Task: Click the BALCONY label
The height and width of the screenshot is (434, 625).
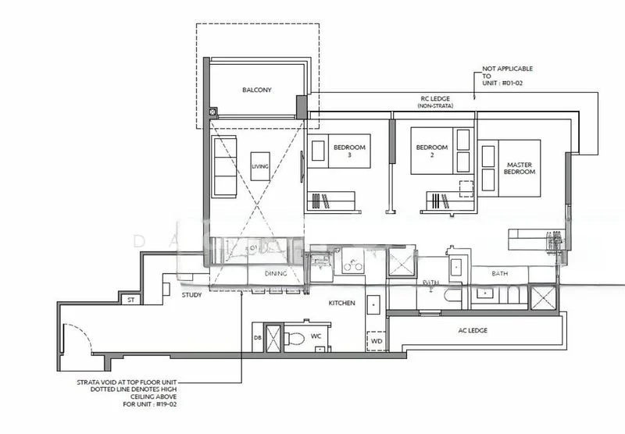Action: click(x=256, y=91)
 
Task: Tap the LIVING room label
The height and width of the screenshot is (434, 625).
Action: click(x=259, y=166)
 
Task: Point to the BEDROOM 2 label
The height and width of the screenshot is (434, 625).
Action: click(x=431, y=151)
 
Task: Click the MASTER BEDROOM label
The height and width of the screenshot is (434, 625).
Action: click(x=520, y=168)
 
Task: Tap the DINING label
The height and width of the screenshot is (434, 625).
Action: click(x=275, y=274)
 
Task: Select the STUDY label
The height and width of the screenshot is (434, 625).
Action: click(x=191, y=296)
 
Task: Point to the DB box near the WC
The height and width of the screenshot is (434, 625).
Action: click(x=258, y=337)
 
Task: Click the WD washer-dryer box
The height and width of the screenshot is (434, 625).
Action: click(x=376, y=341)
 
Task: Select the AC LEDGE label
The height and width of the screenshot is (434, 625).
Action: click(x=472, y=330)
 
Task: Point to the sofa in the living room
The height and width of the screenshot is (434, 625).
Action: click(x=225, y=165)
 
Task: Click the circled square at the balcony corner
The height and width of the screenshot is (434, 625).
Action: click(x=212, y=112)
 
